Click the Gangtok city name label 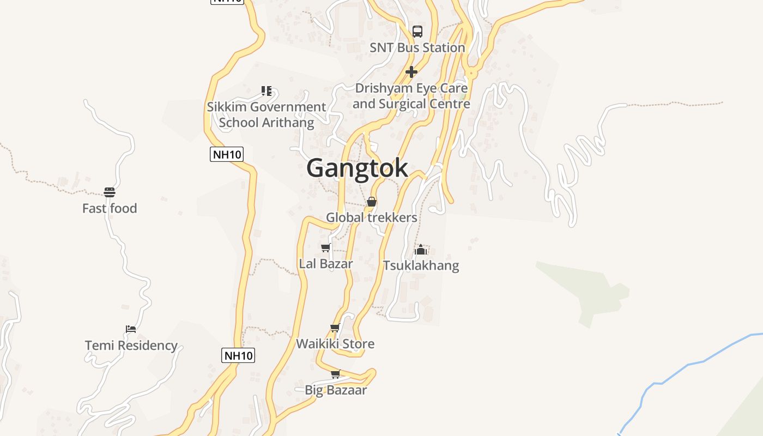coord(357,168)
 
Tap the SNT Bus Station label coord(417,48)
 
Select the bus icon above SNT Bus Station coord(417,32)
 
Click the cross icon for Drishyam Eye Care coord(411,71)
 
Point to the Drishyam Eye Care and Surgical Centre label coord(411,96)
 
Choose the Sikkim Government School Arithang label coord(267,114)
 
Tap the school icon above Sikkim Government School coord(267,90)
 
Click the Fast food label coord(110,208)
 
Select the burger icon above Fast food coord(110,192)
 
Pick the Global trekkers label coord(372,217)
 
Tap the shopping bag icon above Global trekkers coord(372,202)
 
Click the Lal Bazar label coord(326,264)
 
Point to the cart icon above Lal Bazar coord(326,248)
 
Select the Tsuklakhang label coord(421,265)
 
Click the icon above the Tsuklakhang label coord(421,250)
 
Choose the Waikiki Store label coord(335,344)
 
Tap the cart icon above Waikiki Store coord(335,328)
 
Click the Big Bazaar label coord(336,390)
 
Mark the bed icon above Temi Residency coord(131,329)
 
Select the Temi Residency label coord(131,346)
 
